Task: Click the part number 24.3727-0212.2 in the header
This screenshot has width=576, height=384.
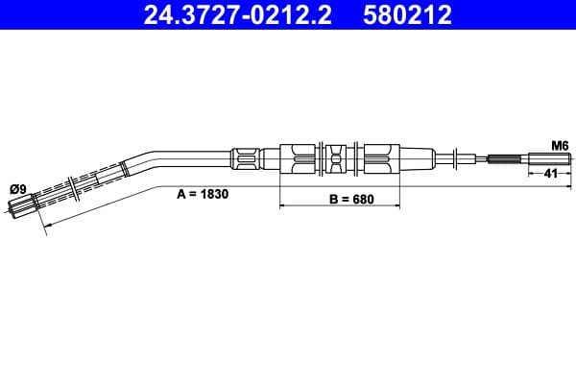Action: pos(238,15)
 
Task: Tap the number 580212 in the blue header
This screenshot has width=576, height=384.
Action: pos(407,15)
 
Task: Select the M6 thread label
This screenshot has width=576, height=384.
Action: pos(560,146)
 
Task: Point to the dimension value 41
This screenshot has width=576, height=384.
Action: pos(550,173)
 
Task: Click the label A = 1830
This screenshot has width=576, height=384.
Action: pos(203,194)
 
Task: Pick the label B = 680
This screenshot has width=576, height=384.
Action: pos(351,199)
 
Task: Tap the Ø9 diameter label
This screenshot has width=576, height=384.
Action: pos(18,189)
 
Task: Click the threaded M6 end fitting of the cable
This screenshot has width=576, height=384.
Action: pos(549,159)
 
